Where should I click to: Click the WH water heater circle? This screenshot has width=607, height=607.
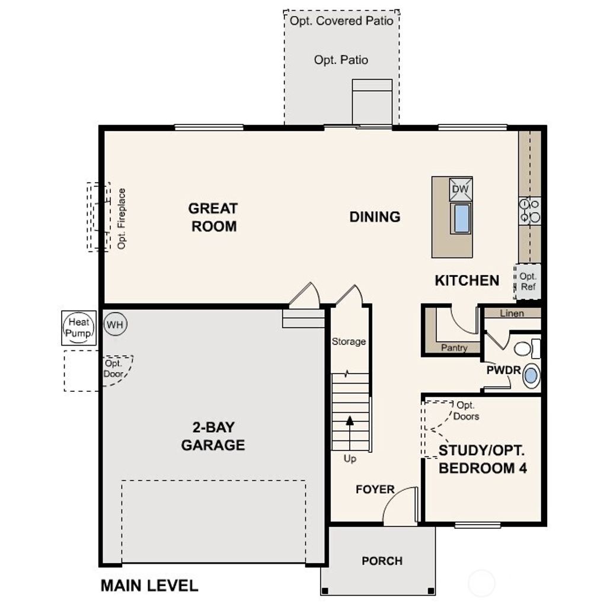[x=116, y=325]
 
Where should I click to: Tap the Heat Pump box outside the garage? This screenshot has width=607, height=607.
[x=78, y=328]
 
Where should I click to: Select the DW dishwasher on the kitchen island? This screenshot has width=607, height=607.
[x=461, y=189]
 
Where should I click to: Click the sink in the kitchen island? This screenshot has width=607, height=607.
[x=461, y=218]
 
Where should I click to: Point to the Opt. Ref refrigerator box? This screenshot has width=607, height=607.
[x=528, y=282]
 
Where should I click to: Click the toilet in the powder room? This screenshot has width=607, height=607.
[x=526, y=348]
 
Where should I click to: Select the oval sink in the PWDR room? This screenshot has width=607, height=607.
[x=531, y=375]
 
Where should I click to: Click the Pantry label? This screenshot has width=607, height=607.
[x=454, y=348]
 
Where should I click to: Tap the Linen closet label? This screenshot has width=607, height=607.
[x=512, y=313]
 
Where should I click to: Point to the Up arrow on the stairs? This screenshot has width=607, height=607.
[x=350, y=421]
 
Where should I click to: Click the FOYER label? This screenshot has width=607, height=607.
[x=375, y=489]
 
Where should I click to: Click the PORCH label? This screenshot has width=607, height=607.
[x=382, y=560]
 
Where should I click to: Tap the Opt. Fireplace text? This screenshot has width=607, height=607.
[x=122, y=218]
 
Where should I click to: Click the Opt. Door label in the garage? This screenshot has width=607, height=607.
[x=113, y=369]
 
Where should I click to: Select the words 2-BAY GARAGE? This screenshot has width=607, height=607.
[x=213, y=436]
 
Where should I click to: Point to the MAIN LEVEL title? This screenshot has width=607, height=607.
[x=149, y=586]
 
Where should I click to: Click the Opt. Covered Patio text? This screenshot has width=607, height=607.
[x=341, y=21]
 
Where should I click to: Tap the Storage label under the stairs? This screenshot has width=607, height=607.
[x=349, y=341]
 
